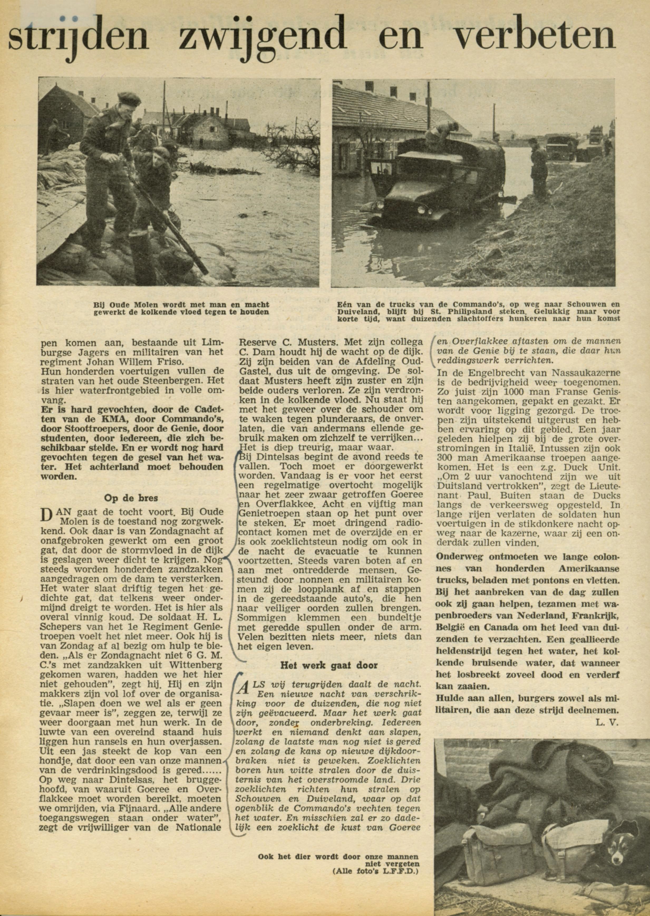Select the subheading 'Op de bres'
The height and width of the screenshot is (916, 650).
(x=131, y=498)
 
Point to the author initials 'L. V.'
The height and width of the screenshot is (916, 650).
(x=607, y=722)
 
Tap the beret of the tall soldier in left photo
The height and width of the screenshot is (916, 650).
(x=127, y=97)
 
